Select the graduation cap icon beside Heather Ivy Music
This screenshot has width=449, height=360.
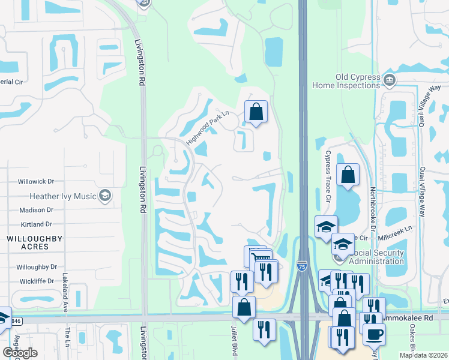(x=106, y=196)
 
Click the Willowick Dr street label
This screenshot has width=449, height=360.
(x=36, y=181)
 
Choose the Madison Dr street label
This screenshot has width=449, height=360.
(x=36, y=210)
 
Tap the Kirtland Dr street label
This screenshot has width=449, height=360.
(x=36, y=224)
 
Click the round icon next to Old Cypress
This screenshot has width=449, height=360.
(x=389, y=80)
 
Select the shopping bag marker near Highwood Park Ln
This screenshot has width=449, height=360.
(x=256, y=112)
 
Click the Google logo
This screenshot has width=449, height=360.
(x=20, y=353)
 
